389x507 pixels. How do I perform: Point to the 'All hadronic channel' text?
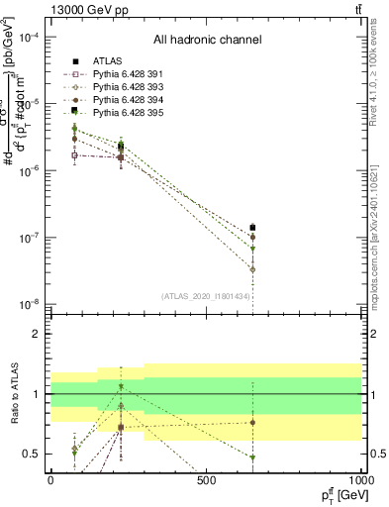(x=207, y=41)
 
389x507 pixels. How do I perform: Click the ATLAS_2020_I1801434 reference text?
(x=207, y=296)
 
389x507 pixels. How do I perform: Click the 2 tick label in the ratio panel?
(x=37, y=334)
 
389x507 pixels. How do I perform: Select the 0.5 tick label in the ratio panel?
(x=33, y=454)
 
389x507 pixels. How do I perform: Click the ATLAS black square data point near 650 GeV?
(x=252, y=228)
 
